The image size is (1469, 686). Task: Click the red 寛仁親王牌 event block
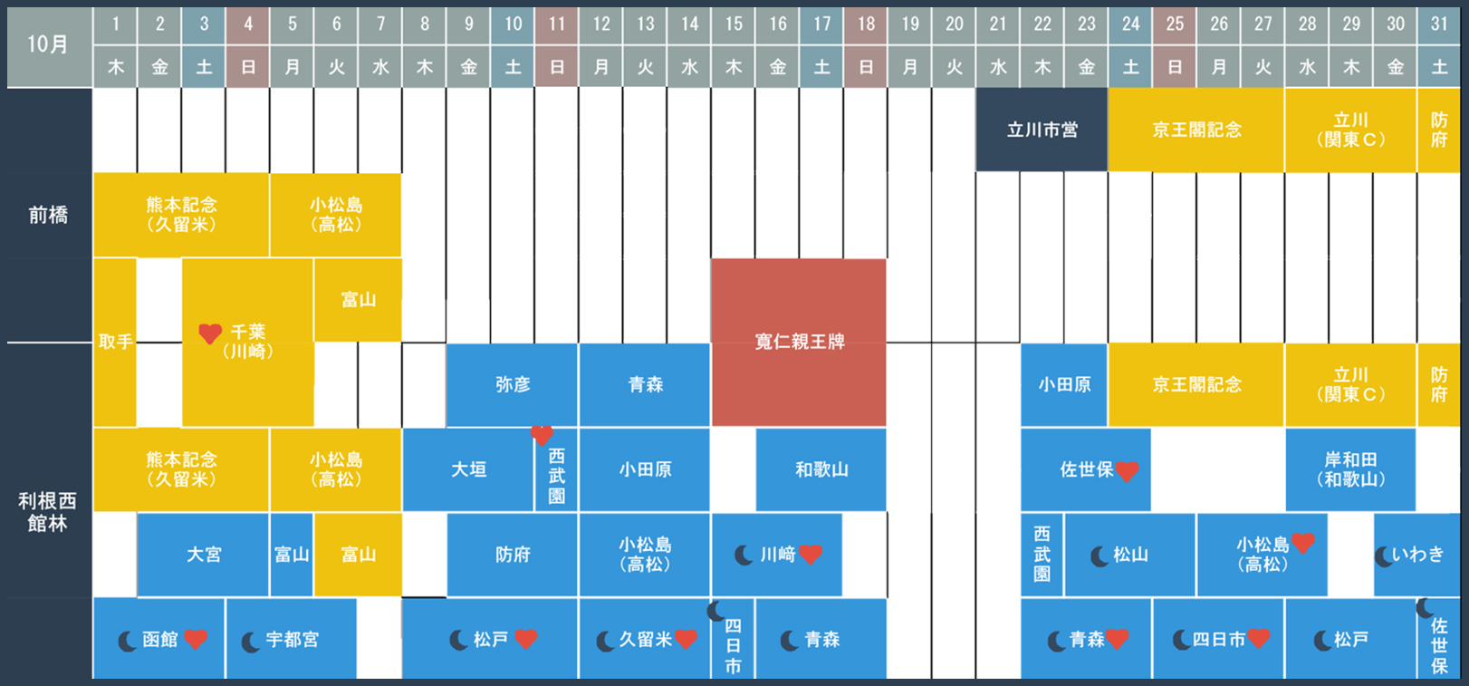[799, 343]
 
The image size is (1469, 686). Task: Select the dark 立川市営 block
[1042, 130]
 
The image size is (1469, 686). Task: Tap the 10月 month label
[47, 44]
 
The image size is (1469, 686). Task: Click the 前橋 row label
[48, 215]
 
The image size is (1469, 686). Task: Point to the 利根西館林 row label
[48, 512]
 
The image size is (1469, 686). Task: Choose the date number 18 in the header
[866, 24]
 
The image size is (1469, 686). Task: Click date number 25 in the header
[1175, 24]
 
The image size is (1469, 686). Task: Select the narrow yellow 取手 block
[115, 343]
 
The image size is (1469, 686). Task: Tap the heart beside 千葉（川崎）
[210, 333]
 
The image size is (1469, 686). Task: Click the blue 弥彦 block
[513, 385]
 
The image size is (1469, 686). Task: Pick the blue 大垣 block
[468, 469]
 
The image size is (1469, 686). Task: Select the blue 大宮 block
[203, 555]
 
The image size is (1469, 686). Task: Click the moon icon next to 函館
[128, 641]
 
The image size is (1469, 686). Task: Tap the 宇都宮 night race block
[291, 639]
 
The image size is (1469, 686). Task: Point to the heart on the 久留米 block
[686, 639]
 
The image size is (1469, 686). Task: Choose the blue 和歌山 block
[821, 469]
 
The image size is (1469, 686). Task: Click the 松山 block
[1130, 555]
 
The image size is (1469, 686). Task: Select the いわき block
[1416, 555]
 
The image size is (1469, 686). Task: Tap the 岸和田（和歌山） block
[1350, 469]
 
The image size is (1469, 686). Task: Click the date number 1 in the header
[116, 24]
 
